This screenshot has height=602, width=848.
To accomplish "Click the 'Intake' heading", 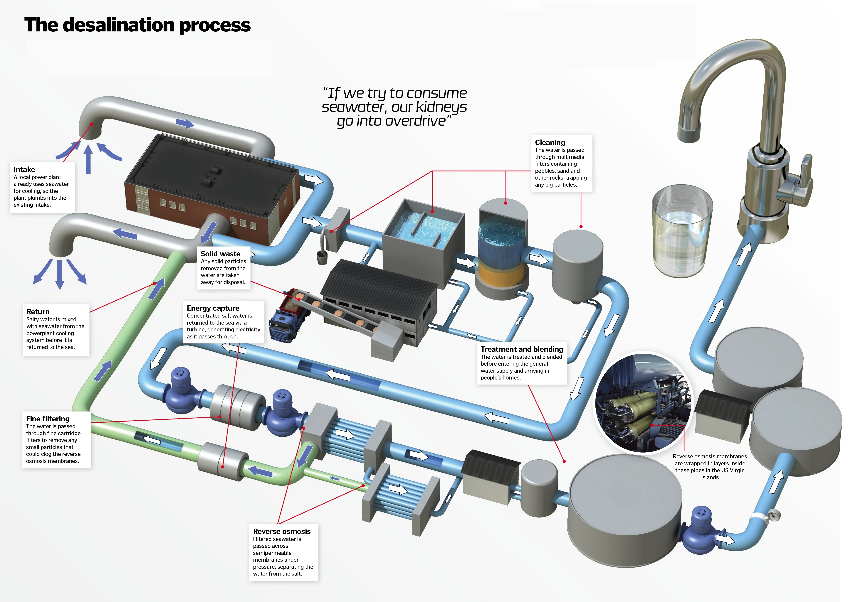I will pos(24,169).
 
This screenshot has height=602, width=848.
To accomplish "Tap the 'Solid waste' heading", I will pos(220,254).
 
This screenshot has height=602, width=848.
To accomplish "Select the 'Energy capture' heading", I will pos(213,308).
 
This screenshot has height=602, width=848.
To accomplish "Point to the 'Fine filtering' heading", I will pos(48,419).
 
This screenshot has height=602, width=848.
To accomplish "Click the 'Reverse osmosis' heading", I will pos(281,531).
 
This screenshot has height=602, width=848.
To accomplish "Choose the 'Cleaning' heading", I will pos(550,142).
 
